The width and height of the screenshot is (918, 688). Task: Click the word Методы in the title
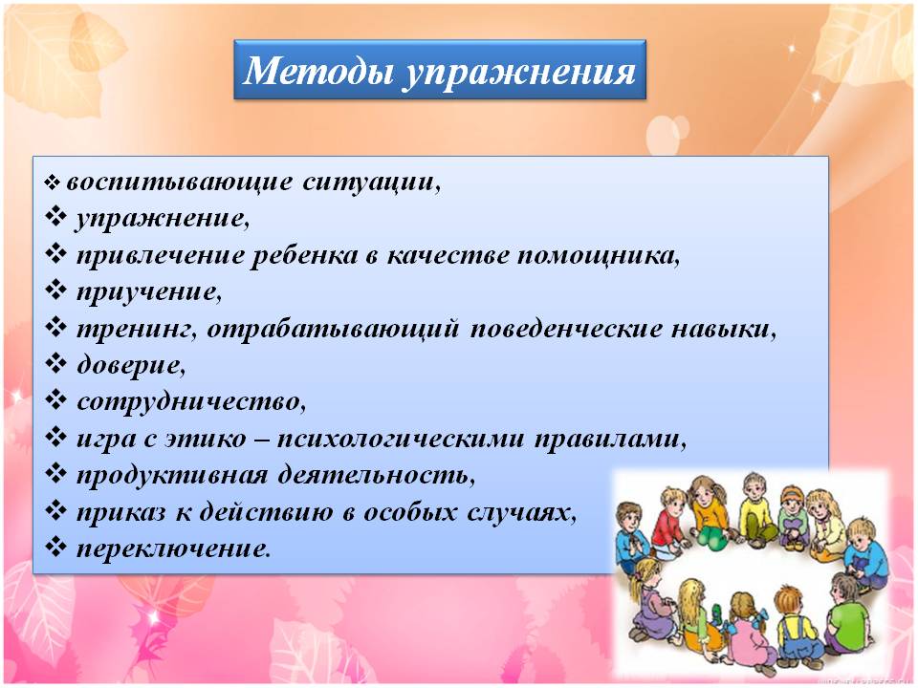point(317,71)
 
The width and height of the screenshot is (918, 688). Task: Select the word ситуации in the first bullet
point(372,182)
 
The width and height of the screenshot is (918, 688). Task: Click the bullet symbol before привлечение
point(56,254)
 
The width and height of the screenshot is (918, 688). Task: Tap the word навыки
point(724,329)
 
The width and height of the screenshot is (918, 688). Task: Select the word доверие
point(131,365)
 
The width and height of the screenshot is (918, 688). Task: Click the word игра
point(111,440)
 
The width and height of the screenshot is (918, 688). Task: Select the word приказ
point(121,513)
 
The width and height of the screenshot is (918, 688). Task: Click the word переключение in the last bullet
point(174,549)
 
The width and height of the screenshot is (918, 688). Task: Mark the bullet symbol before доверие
point(56,364)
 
